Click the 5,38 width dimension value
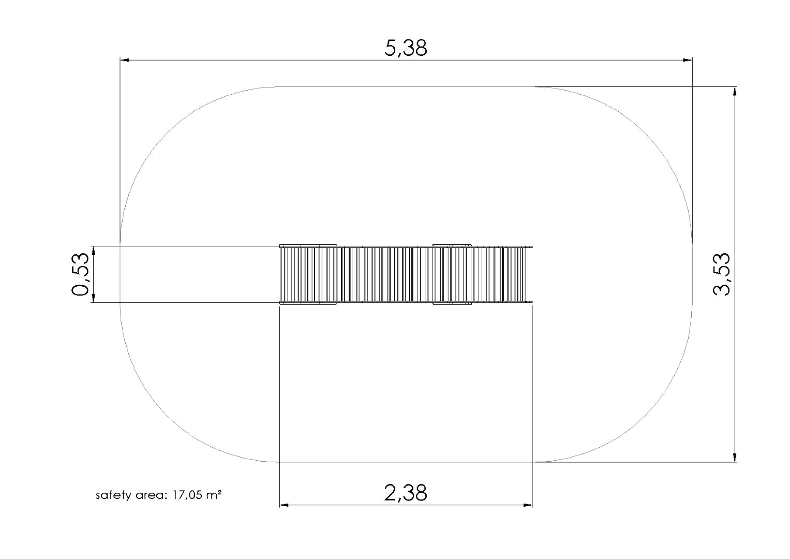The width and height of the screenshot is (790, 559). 406,48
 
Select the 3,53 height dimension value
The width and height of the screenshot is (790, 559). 721,274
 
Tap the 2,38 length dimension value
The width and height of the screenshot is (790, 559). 406,493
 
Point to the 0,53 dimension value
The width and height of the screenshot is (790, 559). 80,274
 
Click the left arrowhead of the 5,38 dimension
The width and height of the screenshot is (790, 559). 125,60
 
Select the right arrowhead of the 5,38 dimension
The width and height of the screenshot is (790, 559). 688,60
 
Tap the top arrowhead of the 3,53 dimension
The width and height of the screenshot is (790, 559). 735,91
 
